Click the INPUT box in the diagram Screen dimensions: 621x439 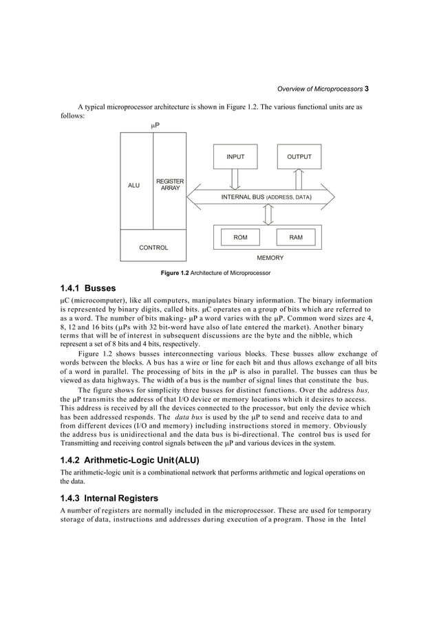(x=235, y=157)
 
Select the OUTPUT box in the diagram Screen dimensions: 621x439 (x=299, y=157)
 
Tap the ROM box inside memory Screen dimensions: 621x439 (x=240, y=237)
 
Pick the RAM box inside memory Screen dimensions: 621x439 (x=296, y=237)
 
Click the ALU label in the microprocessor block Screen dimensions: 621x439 (x=134, y=186)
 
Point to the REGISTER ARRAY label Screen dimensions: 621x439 (x=169, y=184)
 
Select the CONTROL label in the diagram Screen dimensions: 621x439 (x=153, y=248)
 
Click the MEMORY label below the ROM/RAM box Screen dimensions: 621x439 (x=269, y=258)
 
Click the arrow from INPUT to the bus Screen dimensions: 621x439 (x=235, y=179)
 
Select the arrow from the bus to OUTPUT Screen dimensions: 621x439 (x=299, y=179)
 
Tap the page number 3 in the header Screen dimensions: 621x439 (x=367, y=89)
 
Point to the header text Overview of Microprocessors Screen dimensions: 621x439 (x=319, y=89)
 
